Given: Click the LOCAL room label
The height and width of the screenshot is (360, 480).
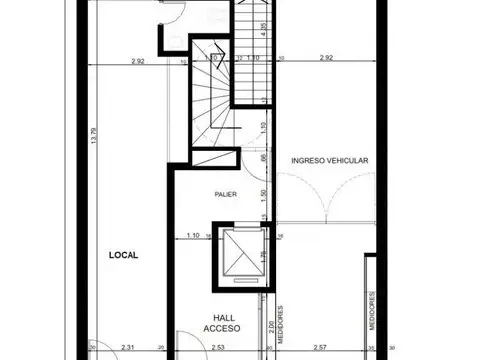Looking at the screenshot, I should (x=124, y=255).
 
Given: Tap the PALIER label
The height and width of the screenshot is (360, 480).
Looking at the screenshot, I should (x=225, y=194).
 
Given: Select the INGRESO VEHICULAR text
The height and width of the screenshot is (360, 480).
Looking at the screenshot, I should (x=331, y=160).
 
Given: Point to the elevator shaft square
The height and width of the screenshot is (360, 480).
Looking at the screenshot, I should (x=236, y=256).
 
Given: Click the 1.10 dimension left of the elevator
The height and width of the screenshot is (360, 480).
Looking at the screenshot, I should (x=193, y=235).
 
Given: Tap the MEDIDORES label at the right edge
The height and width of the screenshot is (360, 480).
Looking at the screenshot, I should (x=371, y=310).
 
